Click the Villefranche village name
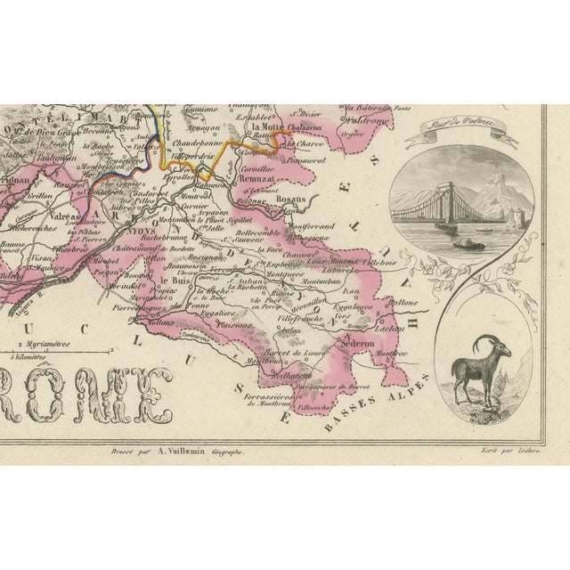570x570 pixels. pos(305,316)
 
